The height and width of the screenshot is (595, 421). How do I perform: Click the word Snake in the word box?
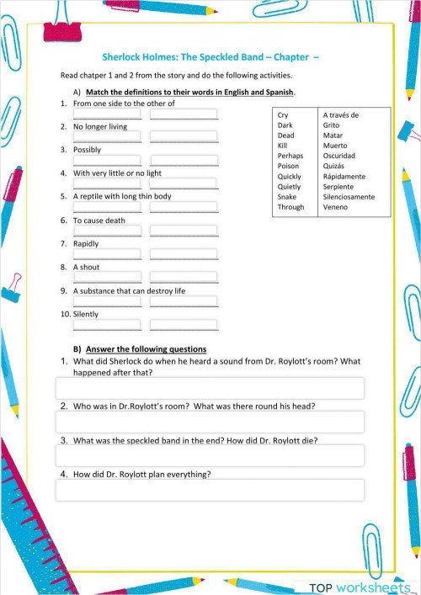[287, 197]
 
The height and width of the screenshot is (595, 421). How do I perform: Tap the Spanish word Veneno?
[335, 207]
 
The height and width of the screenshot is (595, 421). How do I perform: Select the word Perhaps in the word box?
[290, 156]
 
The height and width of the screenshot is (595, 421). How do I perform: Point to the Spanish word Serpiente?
[339, 187]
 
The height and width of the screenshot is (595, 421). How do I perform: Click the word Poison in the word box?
[289, 166]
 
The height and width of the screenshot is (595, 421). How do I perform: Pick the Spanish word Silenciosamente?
[349, 197]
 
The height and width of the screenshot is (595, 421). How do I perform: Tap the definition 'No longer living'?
[100, 126]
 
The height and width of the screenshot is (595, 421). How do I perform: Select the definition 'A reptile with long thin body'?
[122, 196]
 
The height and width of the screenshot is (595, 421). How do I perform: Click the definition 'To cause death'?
[99, 220]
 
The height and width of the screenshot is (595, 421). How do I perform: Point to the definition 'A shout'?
[86, 267]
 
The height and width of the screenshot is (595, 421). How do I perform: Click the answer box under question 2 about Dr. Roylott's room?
[210, 422]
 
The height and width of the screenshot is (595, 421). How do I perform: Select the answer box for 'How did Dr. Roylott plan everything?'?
[210, 490]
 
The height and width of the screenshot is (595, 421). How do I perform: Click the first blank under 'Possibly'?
[107, 160]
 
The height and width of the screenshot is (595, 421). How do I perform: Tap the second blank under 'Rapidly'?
[184, 254]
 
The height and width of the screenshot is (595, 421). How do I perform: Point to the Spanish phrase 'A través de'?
[341, 114]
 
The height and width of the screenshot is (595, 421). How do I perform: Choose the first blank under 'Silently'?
[107, 325]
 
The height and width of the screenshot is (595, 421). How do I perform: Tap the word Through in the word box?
[290, 207]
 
